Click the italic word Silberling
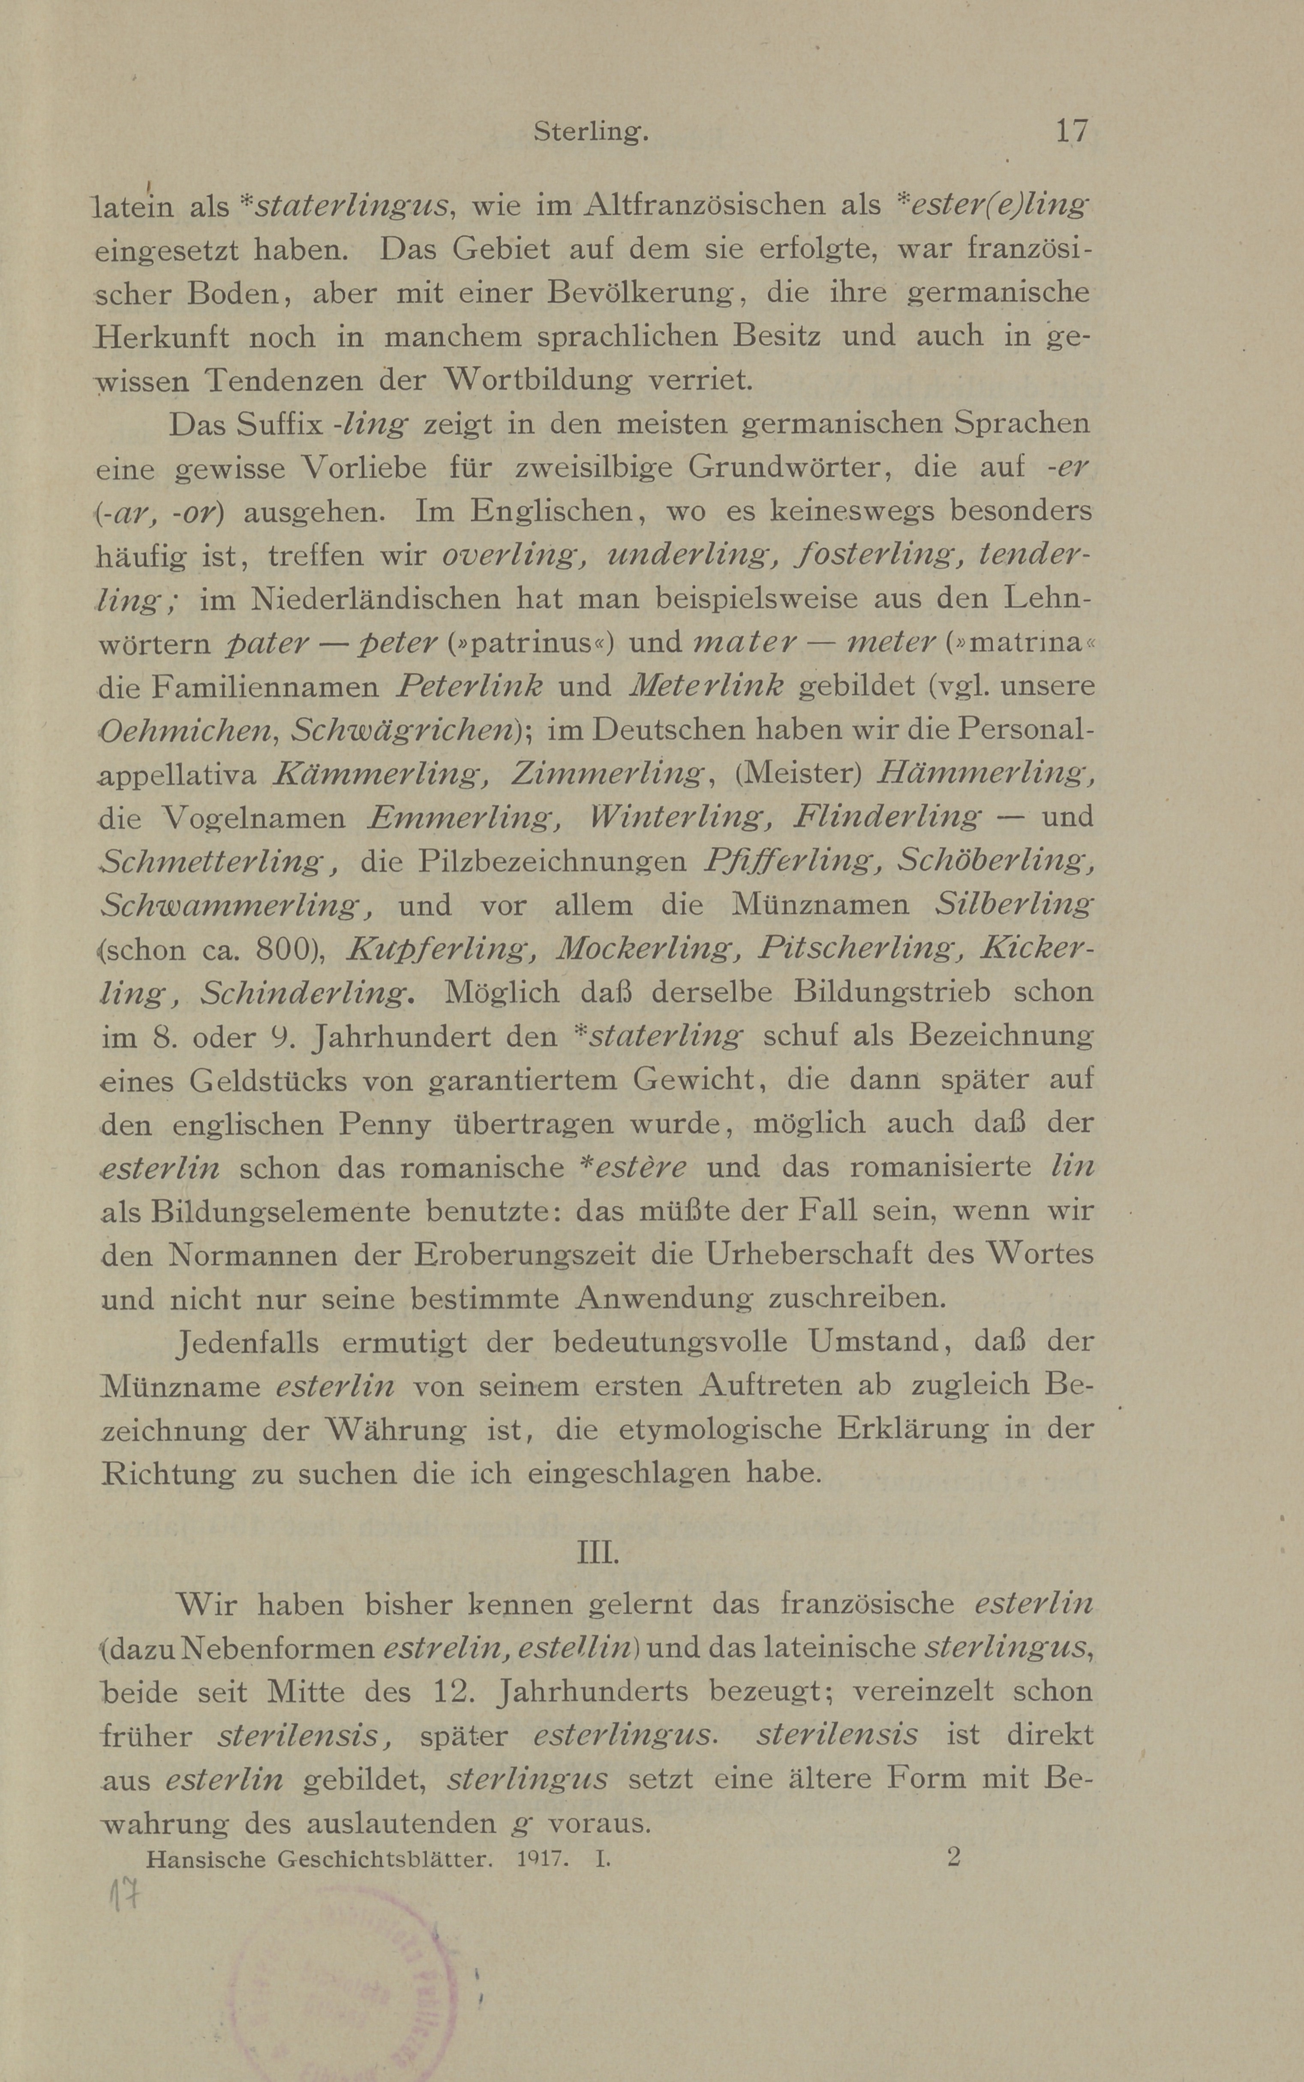pos(1013,904)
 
